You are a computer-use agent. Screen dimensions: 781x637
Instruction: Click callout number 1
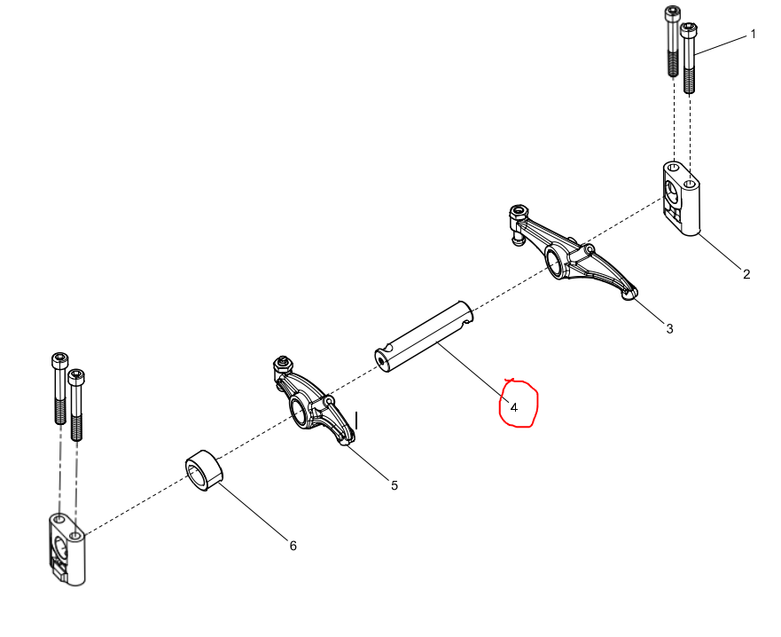click(x=754, y=35)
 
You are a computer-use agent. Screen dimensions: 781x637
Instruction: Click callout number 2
click(x=746, y=274)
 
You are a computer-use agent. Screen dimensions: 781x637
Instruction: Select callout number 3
click(x=669, y=329)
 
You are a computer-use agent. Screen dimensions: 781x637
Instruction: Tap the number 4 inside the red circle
click(x=514, y=408)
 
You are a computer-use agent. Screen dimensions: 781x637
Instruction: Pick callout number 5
click(x=394, y=485)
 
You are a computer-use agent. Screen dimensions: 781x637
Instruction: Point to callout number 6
click(x=293, y=547)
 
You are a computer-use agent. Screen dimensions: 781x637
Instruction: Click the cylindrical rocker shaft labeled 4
click(x=424, y=336)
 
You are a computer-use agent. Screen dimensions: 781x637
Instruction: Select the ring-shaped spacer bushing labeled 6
click(x=204, y=471)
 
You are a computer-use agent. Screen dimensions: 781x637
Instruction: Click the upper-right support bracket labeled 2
click(x=682, y=199)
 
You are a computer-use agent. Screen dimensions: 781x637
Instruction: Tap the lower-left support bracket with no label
click(x=67, y=550)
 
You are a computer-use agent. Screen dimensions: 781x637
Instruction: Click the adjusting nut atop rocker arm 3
click(x=519, y=211)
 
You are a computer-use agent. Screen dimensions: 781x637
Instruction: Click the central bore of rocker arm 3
click(x=554, y=261)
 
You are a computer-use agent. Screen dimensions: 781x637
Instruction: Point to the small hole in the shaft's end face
click(x=382, y=361)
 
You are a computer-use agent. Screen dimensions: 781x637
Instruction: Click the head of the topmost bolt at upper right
click(x=673, y=13)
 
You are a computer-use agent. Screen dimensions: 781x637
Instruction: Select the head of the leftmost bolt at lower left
click(x=59, y=361)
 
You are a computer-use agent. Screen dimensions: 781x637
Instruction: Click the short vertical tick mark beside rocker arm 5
click(x=356, y=421)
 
